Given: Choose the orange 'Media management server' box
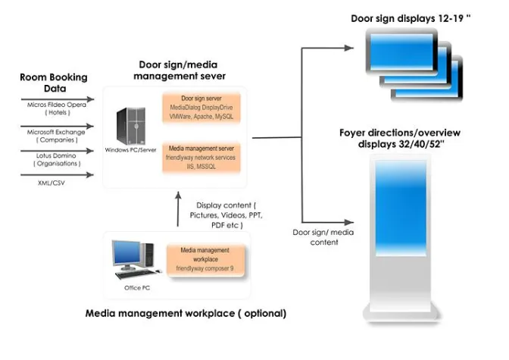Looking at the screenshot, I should coord(201,156).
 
